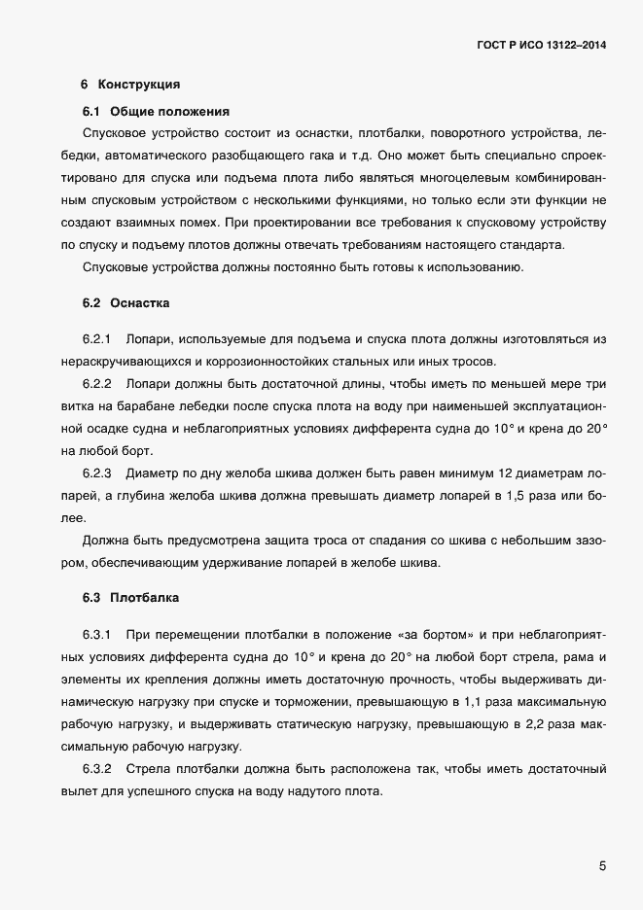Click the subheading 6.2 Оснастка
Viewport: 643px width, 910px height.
point(126,303)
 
